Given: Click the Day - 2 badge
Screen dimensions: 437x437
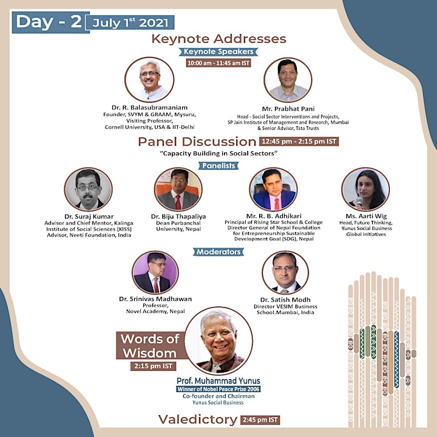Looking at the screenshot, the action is coord(50,22).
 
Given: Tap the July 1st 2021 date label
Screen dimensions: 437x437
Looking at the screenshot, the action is coord(130,22).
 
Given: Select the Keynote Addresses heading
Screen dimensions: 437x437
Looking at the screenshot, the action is coord(218,39).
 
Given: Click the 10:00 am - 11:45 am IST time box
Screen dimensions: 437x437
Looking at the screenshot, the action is coord(218,63).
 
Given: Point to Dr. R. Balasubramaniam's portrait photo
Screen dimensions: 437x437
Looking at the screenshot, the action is coord(149,80).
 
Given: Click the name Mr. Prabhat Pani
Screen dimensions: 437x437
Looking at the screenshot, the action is coord(288,109).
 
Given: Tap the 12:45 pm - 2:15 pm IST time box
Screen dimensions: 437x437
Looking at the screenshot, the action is coord(299,141).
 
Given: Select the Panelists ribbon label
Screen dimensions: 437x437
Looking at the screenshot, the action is coord(218,166).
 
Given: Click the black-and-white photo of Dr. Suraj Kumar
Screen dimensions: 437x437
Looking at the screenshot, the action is coord(89,189).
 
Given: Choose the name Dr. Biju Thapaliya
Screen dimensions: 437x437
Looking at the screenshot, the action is coord(178,216).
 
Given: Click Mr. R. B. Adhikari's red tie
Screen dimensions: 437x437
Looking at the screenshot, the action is coord(277,204).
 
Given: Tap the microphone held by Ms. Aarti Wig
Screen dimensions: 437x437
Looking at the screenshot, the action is coord(359,201).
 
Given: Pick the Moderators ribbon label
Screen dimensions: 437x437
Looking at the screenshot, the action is coord(218,252).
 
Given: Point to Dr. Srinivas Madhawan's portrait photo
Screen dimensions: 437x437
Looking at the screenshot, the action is coord(155,273).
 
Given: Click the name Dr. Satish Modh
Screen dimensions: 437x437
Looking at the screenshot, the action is coord(285,300).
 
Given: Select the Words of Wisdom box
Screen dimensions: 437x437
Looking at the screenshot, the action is coord(151,345).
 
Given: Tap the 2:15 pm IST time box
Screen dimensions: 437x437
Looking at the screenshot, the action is coord(154,366).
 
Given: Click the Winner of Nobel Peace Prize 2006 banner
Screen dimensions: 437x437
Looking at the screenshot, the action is coord(218,389).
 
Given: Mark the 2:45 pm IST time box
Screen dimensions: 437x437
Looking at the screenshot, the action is coord(260,420).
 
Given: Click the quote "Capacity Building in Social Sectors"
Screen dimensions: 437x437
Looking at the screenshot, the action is coord(218,154).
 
